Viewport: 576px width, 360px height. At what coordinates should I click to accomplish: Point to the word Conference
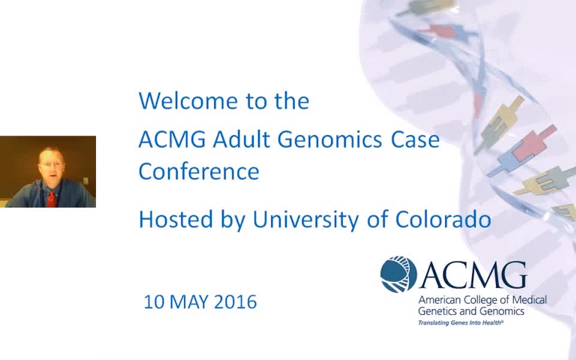tap(199, 171)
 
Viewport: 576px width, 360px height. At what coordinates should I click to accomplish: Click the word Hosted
tap(176, 219)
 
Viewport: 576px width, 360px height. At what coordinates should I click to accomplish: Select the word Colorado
tap(443, 219)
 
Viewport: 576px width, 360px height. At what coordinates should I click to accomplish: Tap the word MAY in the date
tap(189, 302)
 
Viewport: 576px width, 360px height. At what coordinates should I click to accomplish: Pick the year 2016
tap(235, 302)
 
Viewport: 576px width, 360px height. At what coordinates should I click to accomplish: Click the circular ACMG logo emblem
tap(398, 274)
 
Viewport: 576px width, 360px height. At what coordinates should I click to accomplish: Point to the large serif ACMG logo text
tap(473, 275)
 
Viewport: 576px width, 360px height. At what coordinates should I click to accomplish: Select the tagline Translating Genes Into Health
tap(461, 323)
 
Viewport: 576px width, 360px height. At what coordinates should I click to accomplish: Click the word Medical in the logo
tap(529, 300)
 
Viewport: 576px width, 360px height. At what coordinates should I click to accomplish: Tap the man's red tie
tap(52, 199)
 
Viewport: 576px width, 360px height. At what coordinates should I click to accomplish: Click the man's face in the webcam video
tap(50, 164)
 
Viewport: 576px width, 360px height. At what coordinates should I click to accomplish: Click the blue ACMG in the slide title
tap(172, 139)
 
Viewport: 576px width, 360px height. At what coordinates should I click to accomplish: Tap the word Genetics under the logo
tap(436, 311)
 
